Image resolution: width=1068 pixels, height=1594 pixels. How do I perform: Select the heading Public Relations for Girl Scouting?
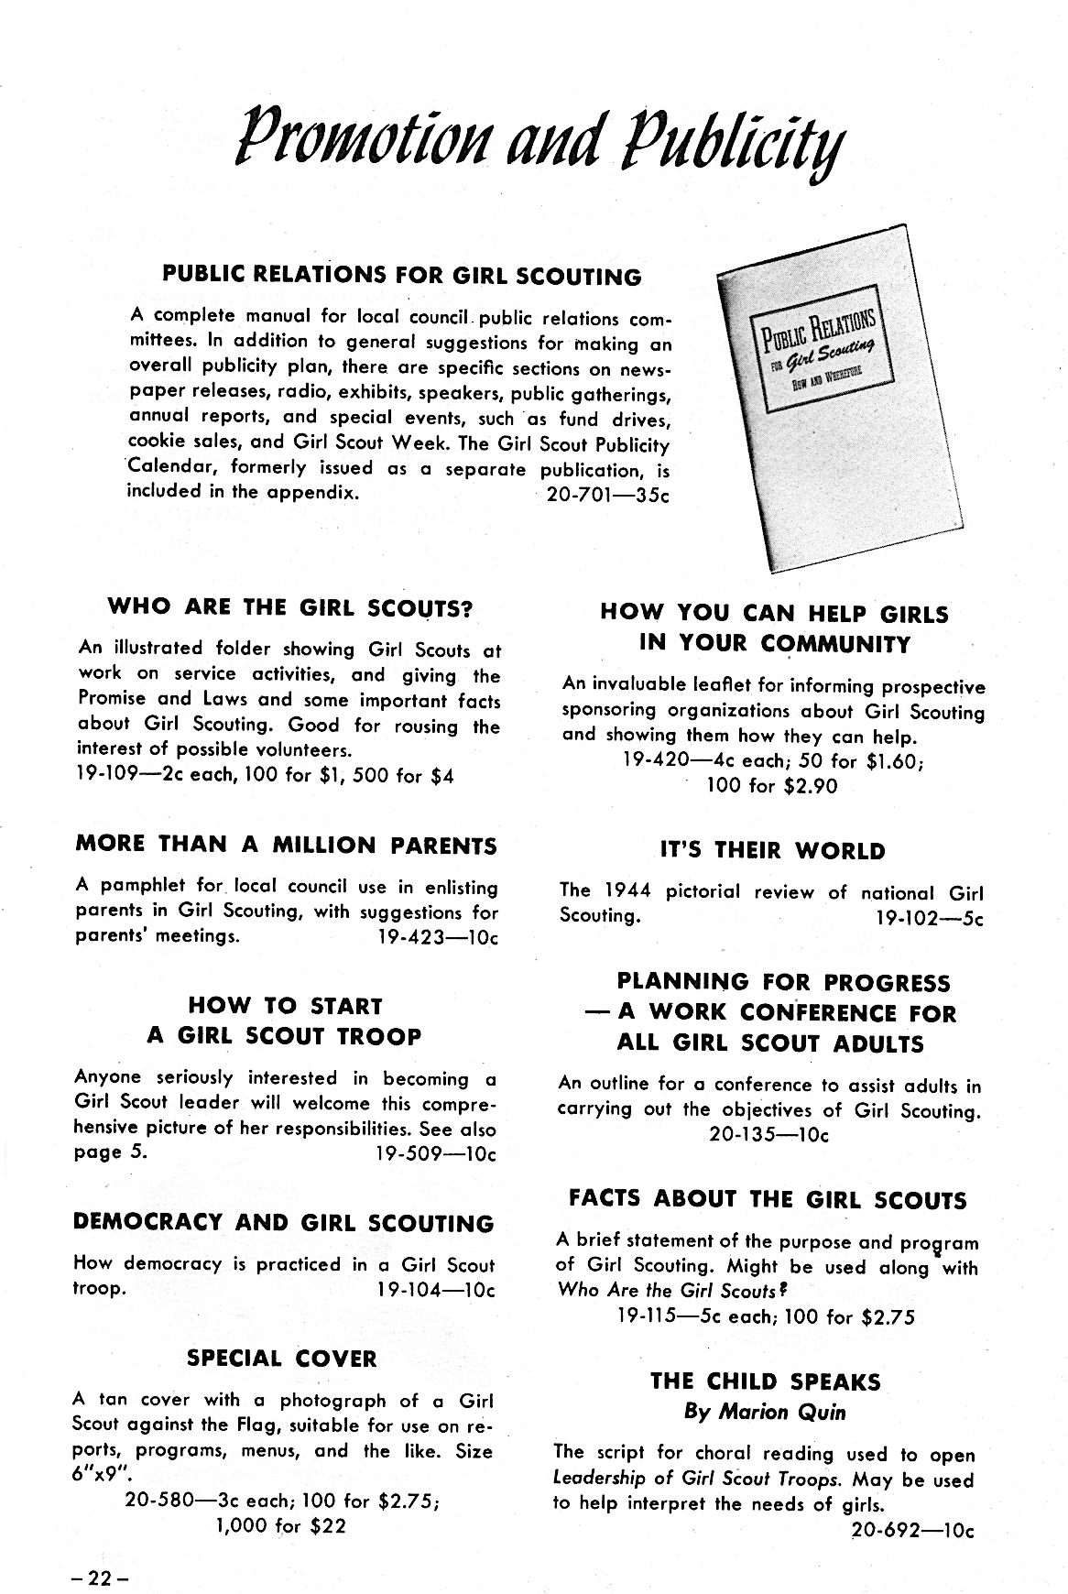pos(401,276)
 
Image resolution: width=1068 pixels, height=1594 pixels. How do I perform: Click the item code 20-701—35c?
pos(607,495)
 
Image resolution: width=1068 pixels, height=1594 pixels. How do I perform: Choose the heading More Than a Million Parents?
pos(286,845)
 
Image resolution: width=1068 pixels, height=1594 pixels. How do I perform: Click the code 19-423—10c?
pos(437,938)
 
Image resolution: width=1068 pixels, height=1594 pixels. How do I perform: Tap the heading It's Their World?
pos(772,850)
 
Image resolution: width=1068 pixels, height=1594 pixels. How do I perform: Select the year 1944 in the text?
pos(627,891)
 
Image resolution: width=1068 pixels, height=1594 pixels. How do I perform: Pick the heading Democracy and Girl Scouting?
pos(283,1224)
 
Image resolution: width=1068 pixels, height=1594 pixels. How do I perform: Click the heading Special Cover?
pos(282,1358)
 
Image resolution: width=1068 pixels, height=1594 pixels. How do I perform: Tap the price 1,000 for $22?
pos(281,1526)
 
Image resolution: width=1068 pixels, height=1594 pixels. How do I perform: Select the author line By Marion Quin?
pos(765,1412)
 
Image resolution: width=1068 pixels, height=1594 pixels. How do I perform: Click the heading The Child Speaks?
pos(765,1381)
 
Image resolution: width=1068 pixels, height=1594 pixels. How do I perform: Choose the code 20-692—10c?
pos(912,1530)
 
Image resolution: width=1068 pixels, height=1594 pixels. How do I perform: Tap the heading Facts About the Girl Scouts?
pos(768,1199)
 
